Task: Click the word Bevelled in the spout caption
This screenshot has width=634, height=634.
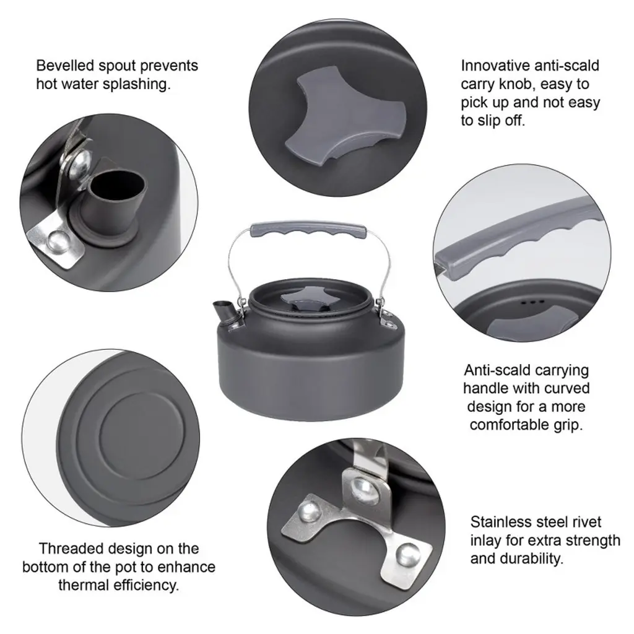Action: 64,66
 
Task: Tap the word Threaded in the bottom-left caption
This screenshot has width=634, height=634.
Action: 67,549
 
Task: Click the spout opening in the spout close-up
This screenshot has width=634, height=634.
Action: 117,185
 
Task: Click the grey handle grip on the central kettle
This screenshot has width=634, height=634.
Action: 308,229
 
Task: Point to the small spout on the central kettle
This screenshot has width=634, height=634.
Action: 223,311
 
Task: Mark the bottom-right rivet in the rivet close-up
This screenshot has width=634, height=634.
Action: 407,555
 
